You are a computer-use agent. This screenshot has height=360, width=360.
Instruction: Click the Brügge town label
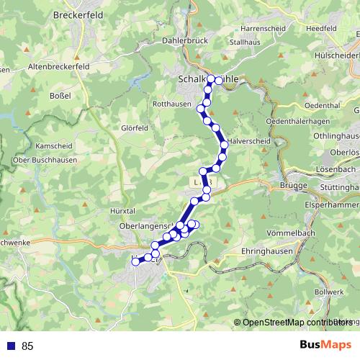[x=297, y=186]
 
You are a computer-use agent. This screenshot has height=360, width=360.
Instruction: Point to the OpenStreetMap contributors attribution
[x=296, y=323]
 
